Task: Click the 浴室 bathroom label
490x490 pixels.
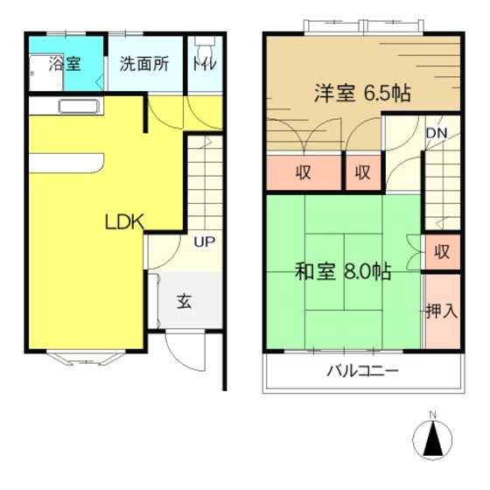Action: (65, 64)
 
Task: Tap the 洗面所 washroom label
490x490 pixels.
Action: (144, 64)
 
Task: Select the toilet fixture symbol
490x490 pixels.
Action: (205, 47)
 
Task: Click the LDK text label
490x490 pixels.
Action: (124, 222)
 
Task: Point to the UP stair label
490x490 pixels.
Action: (205, 241)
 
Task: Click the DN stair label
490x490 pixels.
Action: (437, 133)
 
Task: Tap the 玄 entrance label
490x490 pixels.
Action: (185, 301)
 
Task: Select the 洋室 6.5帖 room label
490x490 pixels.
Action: (362, 93)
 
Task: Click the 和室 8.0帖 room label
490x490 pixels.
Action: (343, 271)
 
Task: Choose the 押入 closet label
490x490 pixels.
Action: (442, 311)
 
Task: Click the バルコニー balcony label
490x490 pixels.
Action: (363, 371)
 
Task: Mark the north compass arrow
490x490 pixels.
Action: (432, 438)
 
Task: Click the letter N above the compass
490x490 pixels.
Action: (432, 415)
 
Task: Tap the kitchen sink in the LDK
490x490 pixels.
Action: (80, 106)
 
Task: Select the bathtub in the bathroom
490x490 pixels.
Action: (46, 73)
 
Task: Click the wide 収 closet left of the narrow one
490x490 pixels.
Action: (303, 172)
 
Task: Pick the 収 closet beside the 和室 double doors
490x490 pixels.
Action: (442, 252)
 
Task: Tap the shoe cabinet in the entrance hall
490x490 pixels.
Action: (153, 301)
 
